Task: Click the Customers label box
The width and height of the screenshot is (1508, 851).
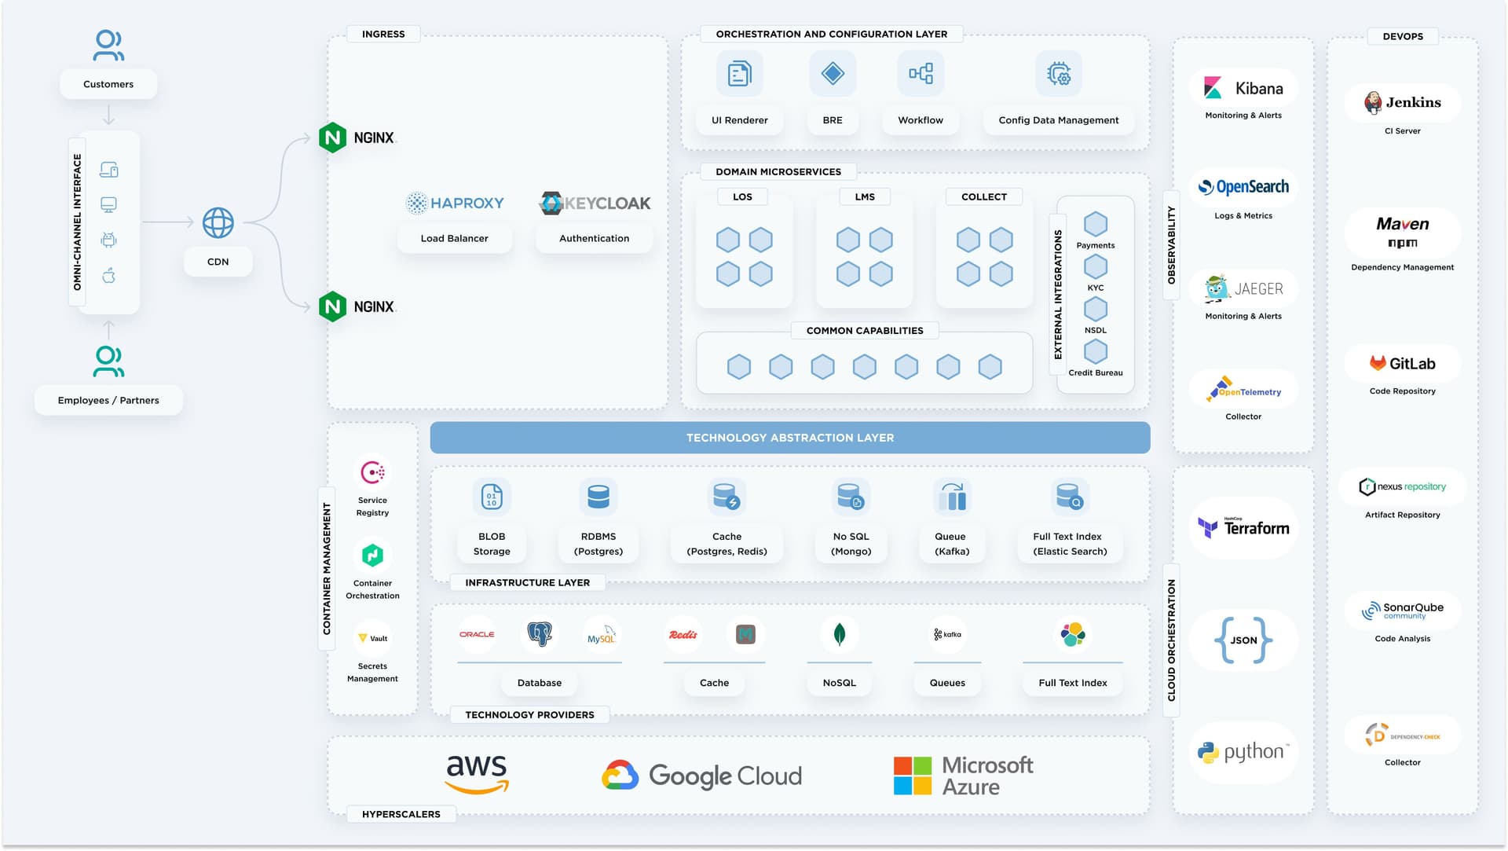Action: click(108, 84)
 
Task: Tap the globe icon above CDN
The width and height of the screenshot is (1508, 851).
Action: click(218, 223)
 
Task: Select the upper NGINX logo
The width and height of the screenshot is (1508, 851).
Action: click(357, 138)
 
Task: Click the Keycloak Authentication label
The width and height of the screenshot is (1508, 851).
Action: click(594, 238)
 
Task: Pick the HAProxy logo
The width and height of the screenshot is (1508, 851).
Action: click(455, 203)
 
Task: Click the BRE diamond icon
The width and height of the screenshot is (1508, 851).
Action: click(833, 74)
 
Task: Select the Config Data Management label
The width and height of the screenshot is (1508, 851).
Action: click(1058, 120)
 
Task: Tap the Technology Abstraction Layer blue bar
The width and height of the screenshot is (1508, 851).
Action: click(789, 438)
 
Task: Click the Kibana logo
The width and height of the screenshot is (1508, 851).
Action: click(1243, 88)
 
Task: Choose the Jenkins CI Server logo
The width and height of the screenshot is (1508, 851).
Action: click(1402, 102)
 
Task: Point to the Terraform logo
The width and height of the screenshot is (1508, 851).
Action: click(1243, 528)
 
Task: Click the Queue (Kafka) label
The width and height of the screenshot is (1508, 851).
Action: click(951, 544)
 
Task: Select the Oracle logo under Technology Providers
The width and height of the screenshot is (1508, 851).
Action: click(477, 634)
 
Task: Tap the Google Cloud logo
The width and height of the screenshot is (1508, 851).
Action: click(701, 776)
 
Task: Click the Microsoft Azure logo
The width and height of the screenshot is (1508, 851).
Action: click(964, 776)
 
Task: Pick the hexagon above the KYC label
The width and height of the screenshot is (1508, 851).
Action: click(1096, 267)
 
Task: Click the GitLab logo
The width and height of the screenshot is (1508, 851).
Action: click(1402, 364)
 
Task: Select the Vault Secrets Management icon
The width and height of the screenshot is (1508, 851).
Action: click(372, 638)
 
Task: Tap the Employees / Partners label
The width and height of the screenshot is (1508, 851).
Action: click(108, 400)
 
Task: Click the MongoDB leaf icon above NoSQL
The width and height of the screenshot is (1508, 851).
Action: click(839, 634)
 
